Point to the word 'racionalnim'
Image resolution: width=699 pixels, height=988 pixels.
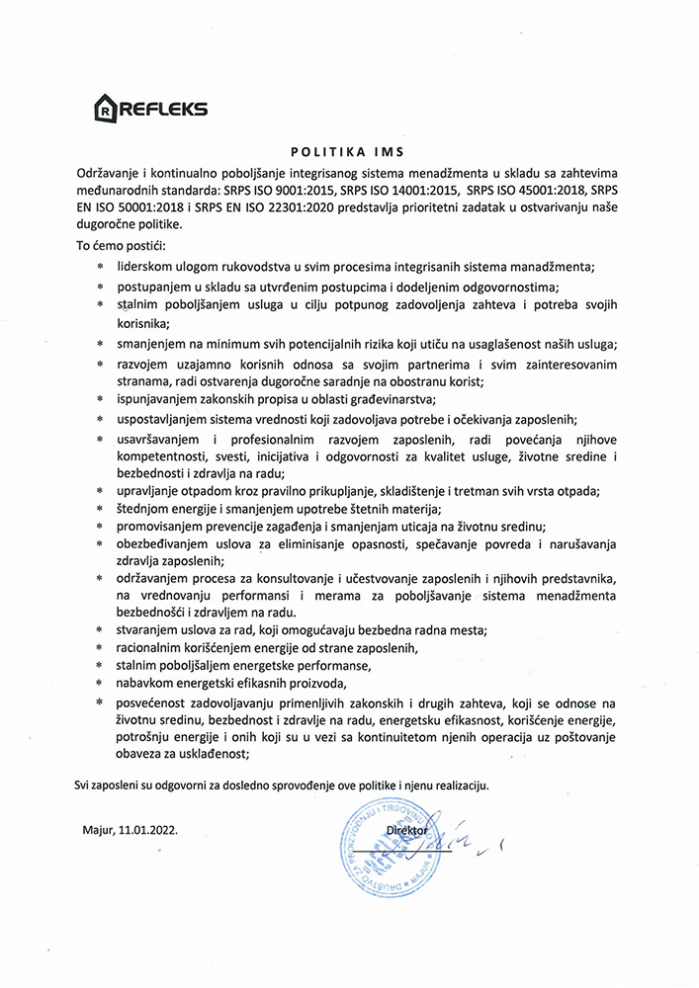152,647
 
